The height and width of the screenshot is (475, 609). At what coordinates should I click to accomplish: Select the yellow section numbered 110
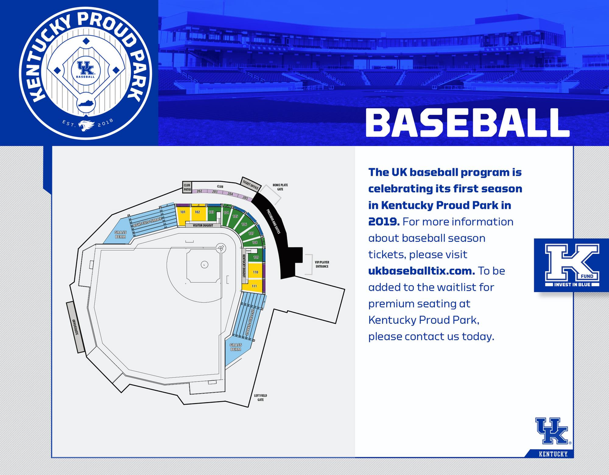point(255,273)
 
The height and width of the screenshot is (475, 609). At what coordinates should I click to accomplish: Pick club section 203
point(215,192)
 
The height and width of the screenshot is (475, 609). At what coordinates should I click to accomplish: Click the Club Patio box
point(187,187)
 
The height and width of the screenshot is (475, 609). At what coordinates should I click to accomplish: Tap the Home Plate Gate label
point(280,187)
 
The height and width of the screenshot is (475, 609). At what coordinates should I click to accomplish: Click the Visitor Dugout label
point(203,225)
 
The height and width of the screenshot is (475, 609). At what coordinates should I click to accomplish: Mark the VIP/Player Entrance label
point(322,264)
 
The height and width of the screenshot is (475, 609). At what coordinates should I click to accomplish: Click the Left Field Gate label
point(260,397)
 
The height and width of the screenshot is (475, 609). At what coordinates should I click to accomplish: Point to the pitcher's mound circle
point(204,264)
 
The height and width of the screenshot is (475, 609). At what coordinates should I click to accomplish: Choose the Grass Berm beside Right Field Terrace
point(120,234)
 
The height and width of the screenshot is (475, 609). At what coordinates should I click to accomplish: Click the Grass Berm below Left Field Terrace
point(236,347)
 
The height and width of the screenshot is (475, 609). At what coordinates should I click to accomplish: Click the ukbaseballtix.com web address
point(421,271)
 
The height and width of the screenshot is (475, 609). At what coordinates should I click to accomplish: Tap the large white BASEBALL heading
point(467,122)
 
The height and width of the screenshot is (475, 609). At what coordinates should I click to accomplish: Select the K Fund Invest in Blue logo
point(571,265)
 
